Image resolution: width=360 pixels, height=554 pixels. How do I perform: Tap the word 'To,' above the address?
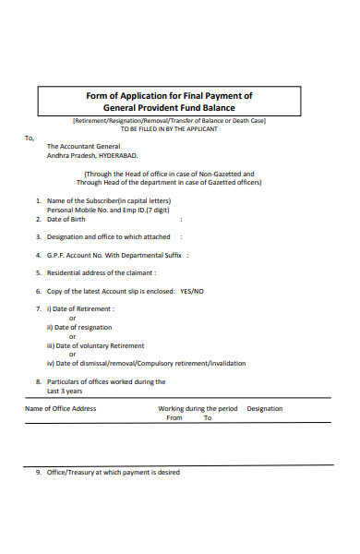pos(29,138)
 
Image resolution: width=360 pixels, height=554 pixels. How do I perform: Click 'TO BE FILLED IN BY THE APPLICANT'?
pos(169,128)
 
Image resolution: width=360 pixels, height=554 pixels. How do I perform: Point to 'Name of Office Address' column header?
pos(60,408)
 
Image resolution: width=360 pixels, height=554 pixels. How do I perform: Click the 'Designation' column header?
pos(265,408)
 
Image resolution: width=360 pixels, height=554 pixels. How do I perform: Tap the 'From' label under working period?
pos(174,417)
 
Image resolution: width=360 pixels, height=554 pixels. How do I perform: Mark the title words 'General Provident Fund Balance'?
pos(169,107)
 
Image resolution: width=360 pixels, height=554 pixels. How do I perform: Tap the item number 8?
pos(38,380)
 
